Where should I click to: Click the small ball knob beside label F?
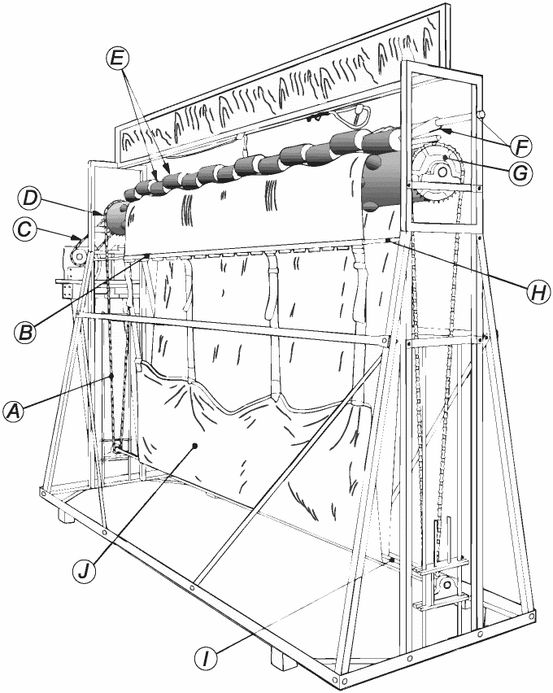(481, 115)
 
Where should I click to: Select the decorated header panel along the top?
(285, 89)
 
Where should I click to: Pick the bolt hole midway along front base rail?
(194, 582)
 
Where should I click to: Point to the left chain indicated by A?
(111, 382)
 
